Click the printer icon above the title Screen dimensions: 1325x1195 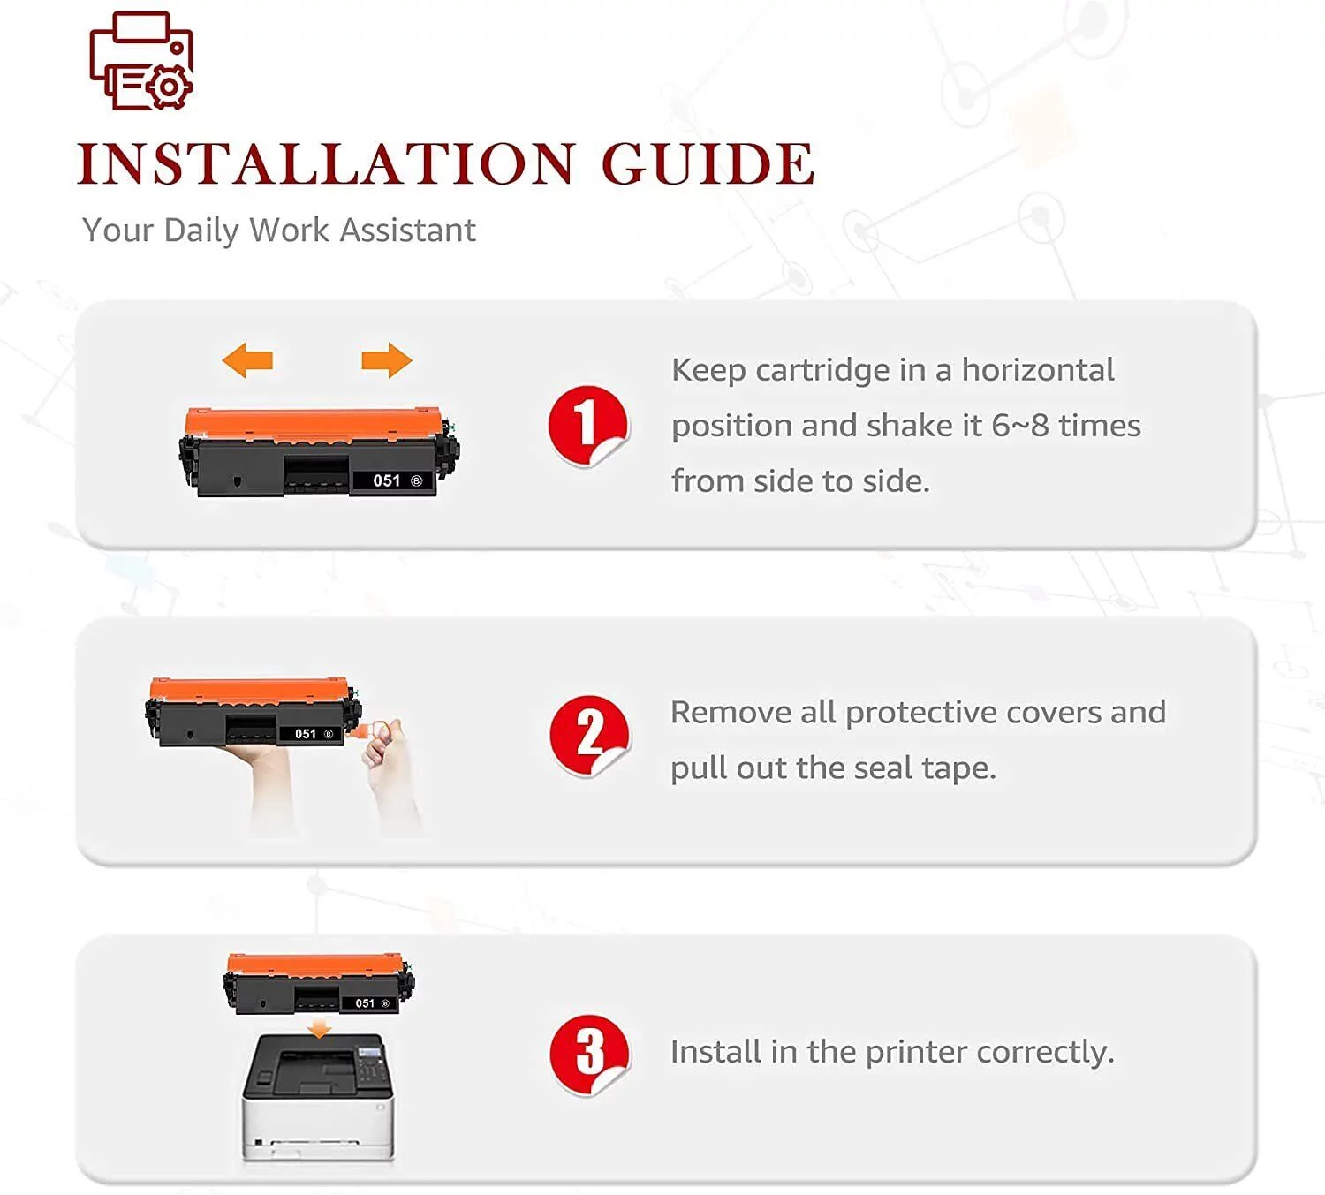pyautogui.click(x=140, y=61)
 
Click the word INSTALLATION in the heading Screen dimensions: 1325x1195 pyautogui.click(x=326, y=163)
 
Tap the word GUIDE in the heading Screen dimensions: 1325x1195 pyautogui.click(x=708, y=163)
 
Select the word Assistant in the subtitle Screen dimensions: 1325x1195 pyautogui.click(x=407, y=231)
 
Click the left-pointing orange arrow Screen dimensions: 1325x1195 pyautogui.click(x=247, y=360)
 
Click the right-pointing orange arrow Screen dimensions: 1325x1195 pyautogui.click(x=387, y=360)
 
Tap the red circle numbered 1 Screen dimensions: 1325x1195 pyautogui.click(x=587, y=426)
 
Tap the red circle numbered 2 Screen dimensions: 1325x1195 pyautogui.click(x=589, y=735)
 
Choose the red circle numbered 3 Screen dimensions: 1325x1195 pyautogui.click(x=589, y=1055)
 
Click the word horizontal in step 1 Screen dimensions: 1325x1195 pyautogui.click(x=1038, y=370)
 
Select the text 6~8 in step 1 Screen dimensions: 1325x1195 pyautogui.click(x=1020, y=426)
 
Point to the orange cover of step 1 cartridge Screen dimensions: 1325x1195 pyautogui.click(x=313, y=423)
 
